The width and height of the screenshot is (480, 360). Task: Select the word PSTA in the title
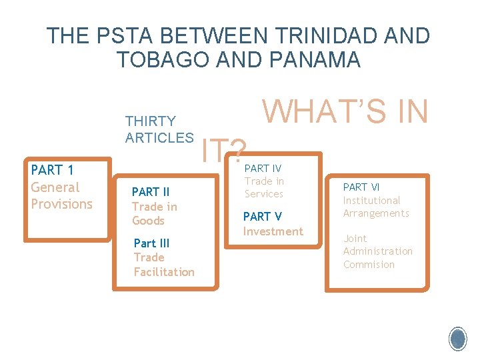point(119,36)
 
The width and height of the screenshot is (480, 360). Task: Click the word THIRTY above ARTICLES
point(151,121)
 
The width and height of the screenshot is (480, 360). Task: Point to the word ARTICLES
point(159,138)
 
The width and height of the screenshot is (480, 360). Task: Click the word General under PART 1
point(55,187)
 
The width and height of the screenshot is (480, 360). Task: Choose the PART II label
point(151,193)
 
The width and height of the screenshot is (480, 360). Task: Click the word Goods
point(148,221)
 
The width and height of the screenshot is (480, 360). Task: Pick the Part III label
point(151,243)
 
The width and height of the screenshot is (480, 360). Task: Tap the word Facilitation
point(164,272)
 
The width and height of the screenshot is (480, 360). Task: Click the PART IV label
point(263,169)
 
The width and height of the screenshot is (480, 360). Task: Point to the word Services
point(264,194)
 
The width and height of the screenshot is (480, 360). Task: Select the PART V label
point(263,217)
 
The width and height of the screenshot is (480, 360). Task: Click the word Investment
point(273,231)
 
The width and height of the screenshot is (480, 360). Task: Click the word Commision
point(369,265)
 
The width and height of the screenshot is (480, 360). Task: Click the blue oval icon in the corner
point(457,339)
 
